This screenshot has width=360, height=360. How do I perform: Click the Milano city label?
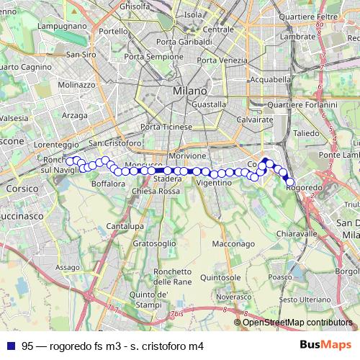(x=189, y=91)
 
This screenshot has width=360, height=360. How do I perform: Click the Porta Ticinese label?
(x=166, y=127)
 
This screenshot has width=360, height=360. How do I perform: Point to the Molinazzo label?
(x=76, y=84)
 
